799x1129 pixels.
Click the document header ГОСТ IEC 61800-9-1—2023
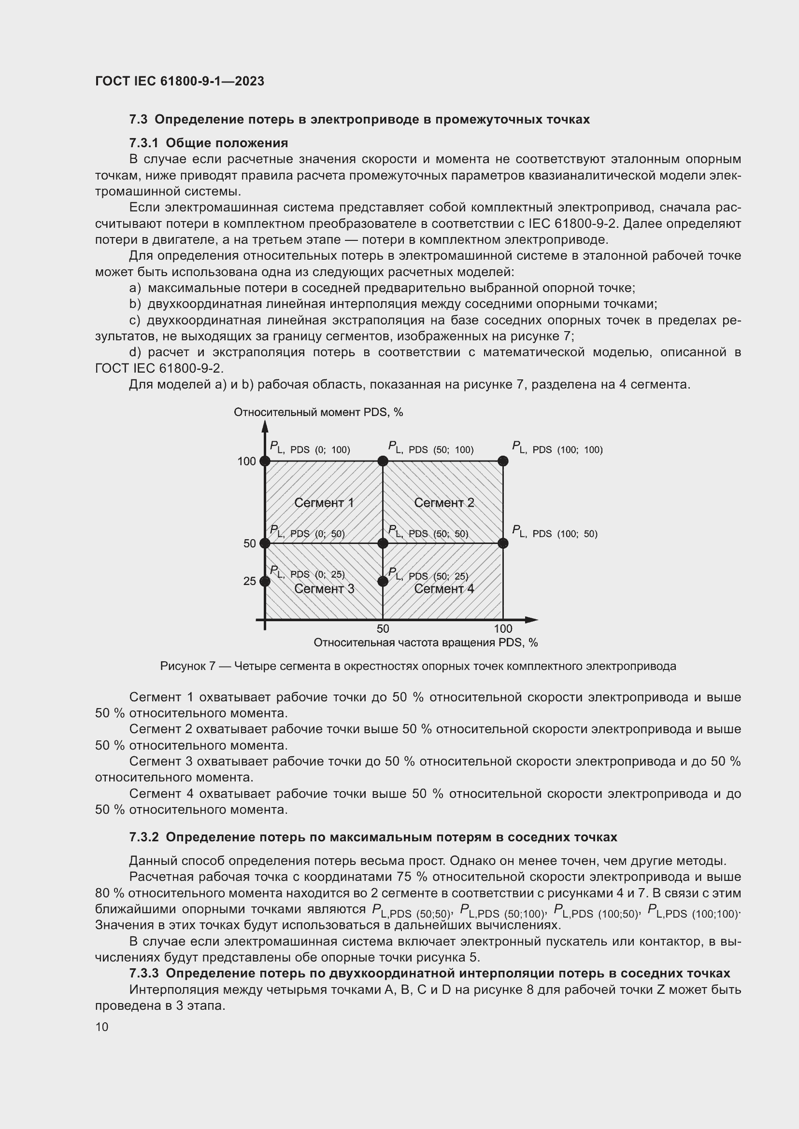click(x=180, y=81)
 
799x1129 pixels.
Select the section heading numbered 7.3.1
click(x=208, y=143)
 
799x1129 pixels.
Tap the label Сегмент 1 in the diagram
click(x=324, y=502)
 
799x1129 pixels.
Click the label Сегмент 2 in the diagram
click(x=444, y=502)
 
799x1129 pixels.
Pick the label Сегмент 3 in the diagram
click(x=324, y=588)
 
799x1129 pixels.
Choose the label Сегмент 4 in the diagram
click(x=444, y=588)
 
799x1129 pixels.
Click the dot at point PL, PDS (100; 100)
click(x=502, y=461)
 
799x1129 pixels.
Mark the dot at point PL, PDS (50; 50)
click(x=383, y=544)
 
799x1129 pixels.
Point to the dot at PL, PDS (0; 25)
click(x=265, y=581)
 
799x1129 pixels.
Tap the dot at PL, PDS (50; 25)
click(x=383, y=581)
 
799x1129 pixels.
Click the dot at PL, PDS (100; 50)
click(x=502, y=544)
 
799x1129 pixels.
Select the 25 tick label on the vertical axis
click(x=249, y=581)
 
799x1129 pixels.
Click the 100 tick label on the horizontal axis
click(x=503, y=628)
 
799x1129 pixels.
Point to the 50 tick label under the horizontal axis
click(x=383, y=628)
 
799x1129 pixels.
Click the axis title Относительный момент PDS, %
click(x=318, y=412)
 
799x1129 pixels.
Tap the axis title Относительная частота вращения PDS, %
click(x=426, y=642)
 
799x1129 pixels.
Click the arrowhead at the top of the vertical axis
click(x=265, y=425)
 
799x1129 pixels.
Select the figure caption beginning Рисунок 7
click(x=418, y=666)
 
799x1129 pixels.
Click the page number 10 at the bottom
click(x=102, y=1027)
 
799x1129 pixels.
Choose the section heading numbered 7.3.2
click(x=373, y=837)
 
